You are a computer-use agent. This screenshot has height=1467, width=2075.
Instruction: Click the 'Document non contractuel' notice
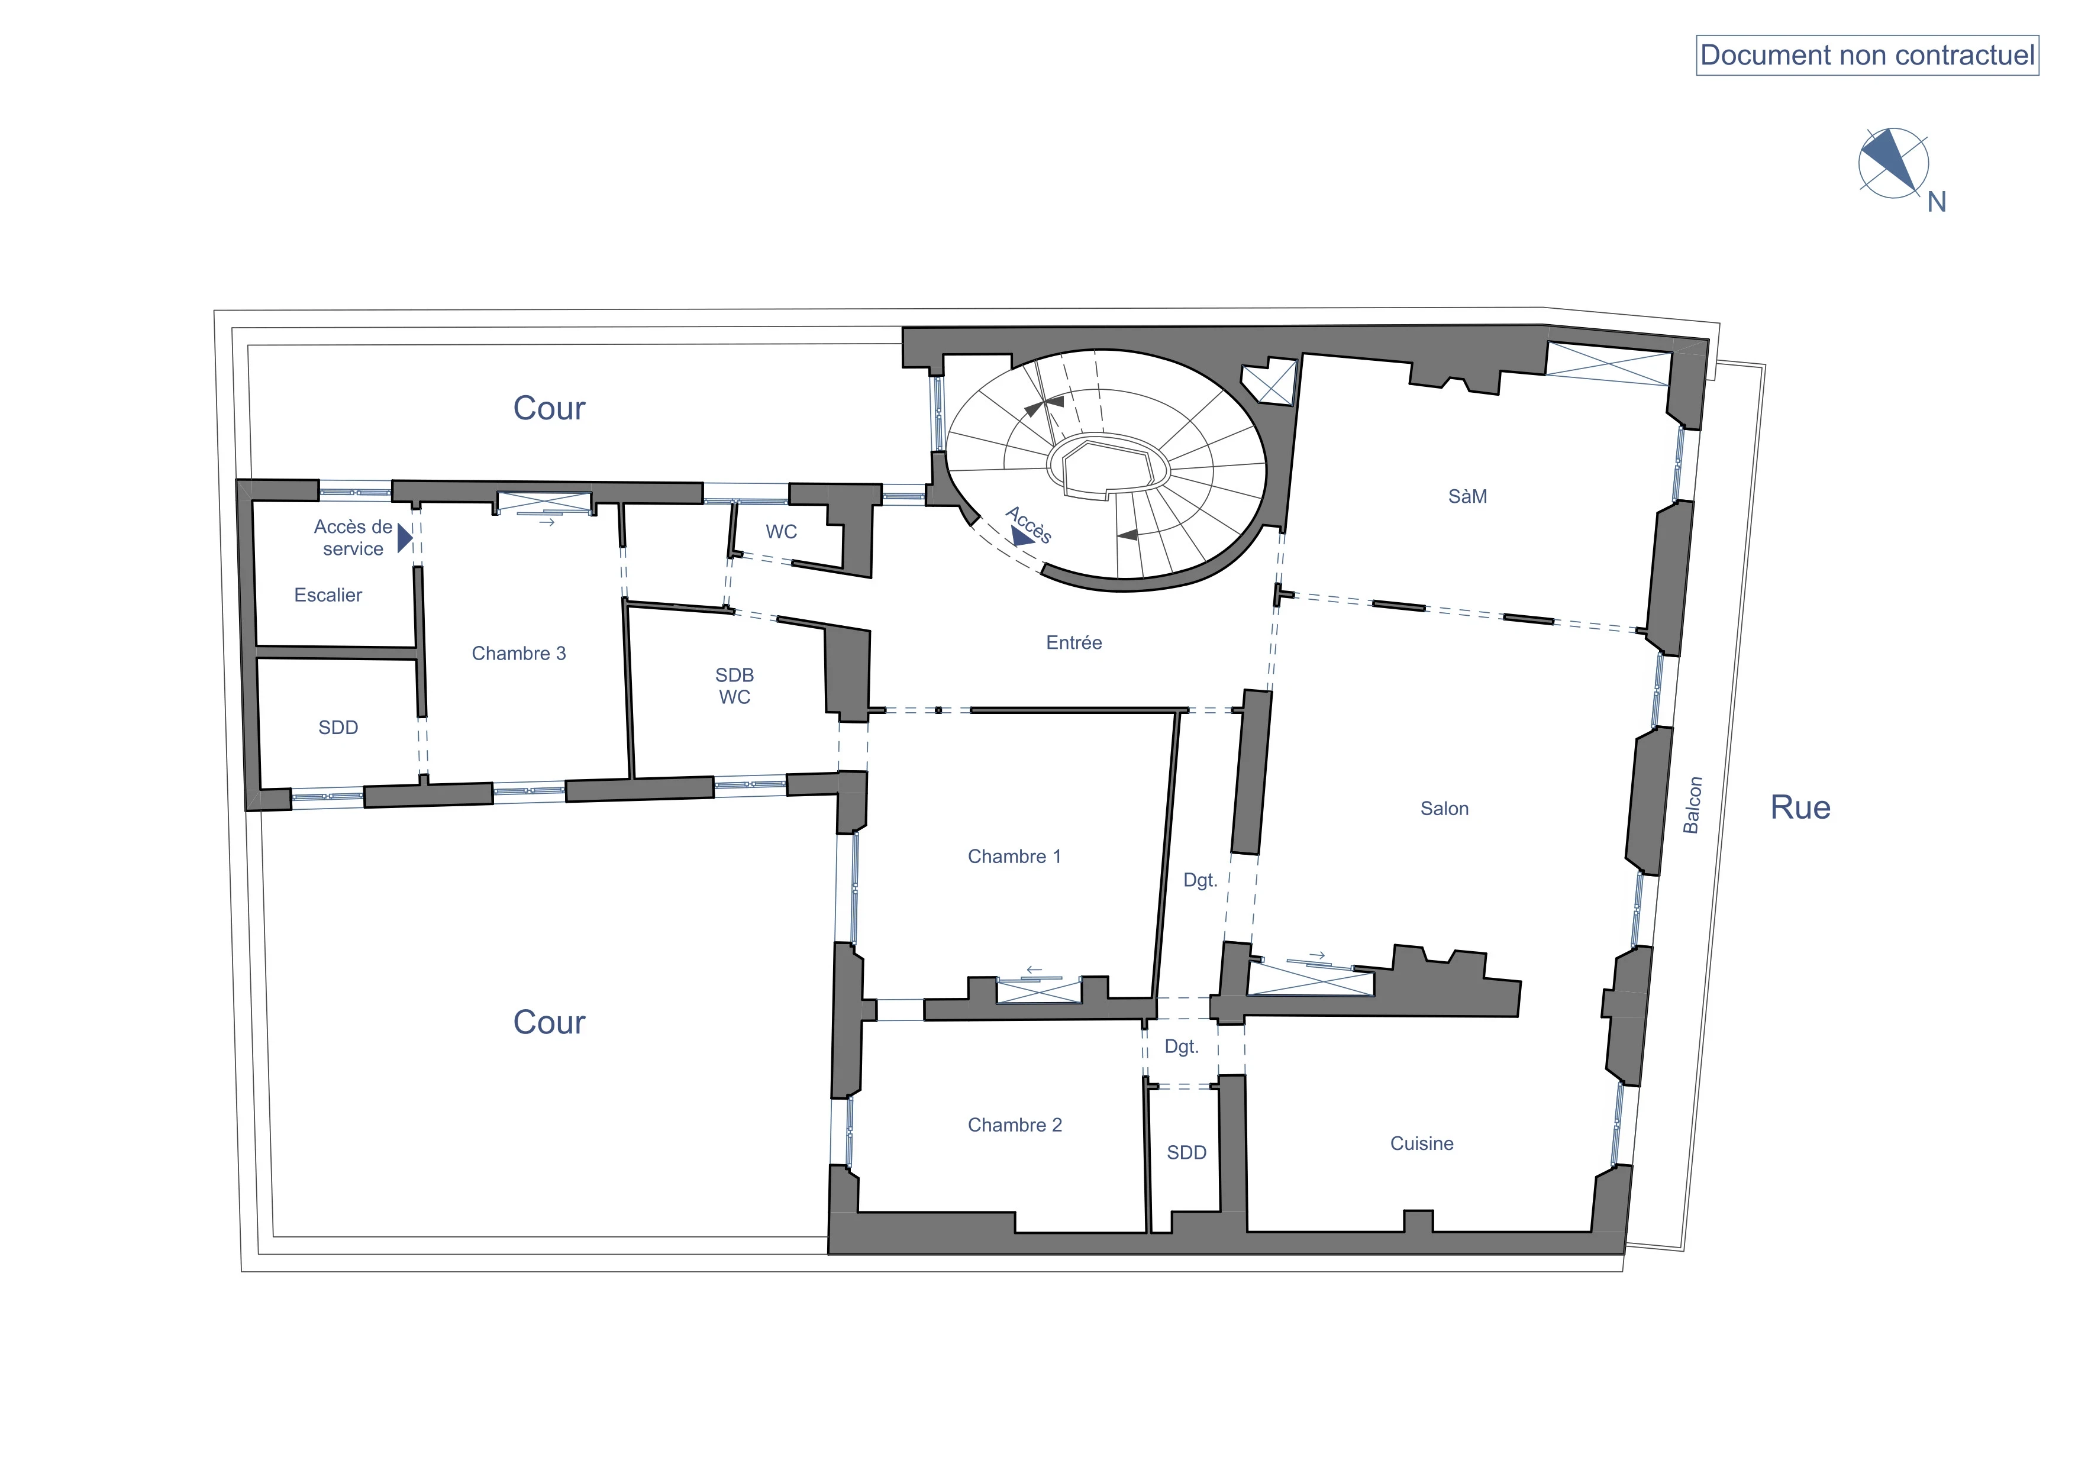[1867, 55]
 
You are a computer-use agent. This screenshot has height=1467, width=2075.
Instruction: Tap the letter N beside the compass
[1936, 202]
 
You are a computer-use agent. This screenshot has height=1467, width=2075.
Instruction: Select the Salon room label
[1444, 809]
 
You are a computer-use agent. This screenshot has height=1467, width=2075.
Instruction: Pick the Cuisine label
[1422, 1143]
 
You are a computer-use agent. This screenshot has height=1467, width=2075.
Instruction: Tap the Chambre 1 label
[1014, 857]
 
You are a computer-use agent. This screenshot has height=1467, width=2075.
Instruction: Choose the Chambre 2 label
[1015, 1125]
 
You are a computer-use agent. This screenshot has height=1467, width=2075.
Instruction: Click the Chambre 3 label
[519, 653]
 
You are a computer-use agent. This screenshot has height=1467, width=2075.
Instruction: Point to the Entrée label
[1074, 642]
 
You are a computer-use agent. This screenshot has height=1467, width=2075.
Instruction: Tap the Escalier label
[328, 595]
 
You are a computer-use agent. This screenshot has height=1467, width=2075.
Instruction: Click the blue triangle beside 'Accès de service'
[405, 538]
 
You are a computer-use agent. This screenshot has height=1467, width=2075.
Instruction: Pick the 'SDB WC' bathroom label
[735, 686]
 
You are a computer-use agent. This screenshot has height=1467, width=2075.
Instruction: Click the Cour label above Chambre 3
[548, 408]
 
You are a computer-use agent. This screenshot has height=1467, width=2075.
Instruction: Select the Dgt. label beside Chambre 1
[1200, 880]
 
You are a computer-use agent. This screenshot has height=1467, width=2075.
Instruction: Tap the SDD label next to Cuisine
[1187, 1153]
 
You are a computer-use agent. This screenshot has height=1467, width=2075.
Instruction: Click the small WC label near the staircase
[782, 532]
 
